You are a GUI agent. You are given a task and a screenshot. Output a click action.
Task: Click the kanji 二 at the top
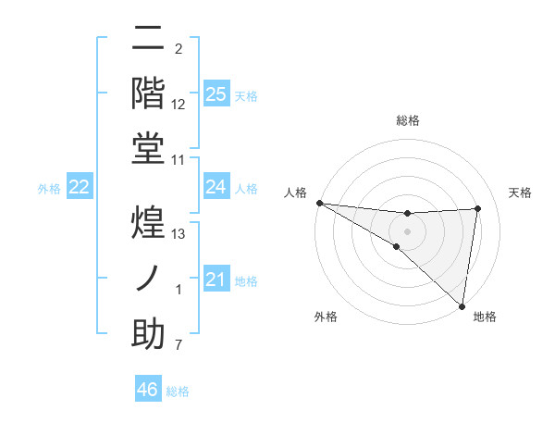[149, 40]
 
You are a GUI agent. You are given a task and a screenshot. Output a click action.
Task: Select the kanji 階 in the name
[149, 93]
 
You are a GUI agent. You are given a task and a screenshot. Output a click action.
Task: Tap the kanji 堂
[149, 148]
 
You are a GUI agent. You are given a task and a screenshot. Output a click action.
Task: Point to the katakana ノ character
[149, 279]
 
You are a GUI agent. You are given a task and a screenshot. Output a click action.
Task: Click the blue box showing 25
[216, 93]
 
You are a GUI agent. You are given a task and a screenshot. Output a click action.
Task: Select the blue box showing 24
[216, 187]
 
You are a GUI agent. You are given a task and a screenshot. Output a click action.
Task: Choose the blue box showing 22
[80, 187]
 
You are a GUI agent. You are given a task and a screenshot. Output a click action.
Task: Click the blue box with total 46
[148, 390]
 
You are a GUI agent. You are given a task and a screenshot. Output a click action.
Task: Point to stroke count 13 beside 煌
[179, 233]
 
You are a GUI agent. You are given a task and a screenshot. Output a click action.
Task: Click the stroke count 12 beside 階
[179, 104]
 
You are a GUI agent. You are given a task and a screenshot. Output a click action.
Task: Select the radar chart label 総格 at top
[407, 120]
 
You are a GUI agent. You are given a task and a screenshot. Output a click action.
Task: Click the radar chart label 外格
[326, 317]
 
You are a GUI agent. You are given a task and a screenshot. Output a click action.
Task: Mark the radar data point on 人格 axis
[319, 203]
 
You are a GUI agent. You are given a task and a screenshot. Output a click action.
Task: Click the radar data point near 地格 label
[461, 305]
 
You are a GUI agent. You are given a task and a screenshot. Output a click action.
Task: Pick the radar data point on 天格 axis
[477, 208]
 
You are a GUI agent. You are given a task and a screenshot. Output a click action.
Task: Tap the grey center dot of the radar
[407, 230]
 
